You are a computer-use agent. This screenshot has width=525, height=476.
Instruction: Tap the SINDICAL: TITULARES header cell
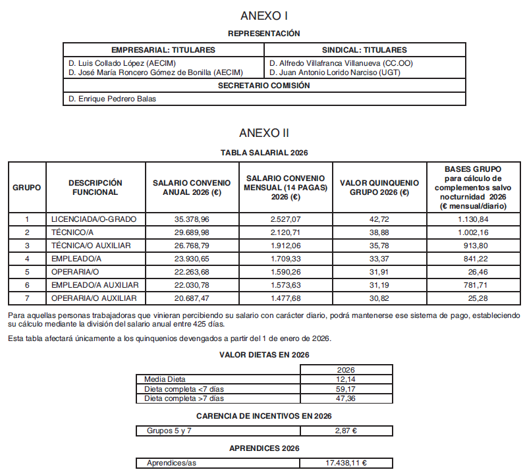click(x=364, y=50)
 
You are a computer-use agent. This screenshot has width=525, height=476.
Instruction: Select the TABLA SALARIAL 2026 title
click(x=263, y=153)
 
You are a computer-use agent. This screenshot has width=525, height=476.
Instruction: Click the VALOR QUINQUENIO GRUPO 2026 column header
click(x=379, y=188)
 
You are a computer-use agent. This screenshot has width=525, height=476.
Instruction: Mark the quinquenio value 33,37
click(x=379, y=259)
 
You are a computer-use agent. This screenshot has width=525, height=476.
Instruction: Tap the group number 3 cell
click(x=27, y=246)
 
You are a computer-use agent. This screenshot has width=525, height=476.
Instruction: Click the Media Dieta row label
click(x=165, y=379)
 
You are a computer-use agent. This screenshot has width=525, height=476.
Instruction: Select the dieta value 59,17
click(x=346, y=389)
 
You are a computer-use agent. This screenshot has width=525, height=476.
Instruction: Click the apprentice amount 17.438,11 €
click(x=346, y=463)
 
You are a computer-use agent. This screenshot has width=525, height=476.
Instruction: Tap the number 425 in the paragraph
click(x=209, y=325)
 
